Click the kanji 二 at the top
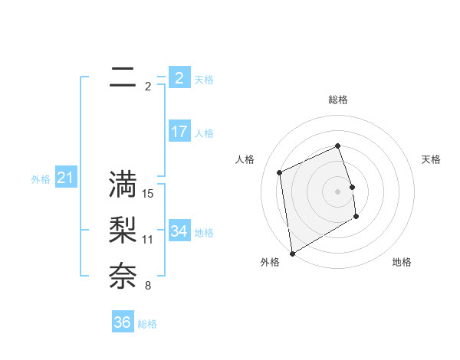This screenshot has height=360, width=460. (x=123, y=78)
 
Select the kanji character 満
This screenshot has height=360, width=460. (x=123, y=185)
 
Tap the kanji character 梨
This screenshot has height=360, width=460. (x=123, y=231)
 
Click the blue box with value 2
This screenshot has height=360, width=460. (x=179, y=77)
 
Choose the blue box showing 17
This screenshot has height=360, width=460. (x=179, y=132)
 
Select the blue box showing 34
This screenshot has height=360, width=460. (x=179, y=231)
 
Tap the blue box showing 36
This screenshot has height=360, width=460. (x=123, y=322)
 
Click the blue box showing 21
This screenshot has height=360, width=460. (x=65, y=178)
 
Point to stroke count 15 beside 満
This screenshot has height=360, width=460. (x=148, y=194)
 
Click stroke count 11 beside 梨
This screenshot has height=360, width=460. (x=148, y=240)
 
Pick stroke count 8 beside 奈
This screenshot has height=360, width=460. (x=148, y=286)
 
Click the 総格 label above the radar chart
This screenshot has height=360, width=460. (x=338, y=100)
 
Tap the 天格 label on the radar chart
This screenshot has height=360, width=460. (x=432, y=159)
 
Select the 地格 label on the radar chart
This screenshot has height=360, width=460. (x=402, y=263)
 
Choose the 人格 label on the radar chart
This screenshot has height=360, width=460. (x=245, y=159)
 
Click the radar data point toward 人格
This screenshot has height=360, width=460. (x=280, y=172)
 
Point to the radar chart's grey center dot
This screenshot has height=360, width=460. (x=338, y=191)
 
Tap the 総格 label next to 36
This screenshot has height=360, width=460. (x=147, y=324)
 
